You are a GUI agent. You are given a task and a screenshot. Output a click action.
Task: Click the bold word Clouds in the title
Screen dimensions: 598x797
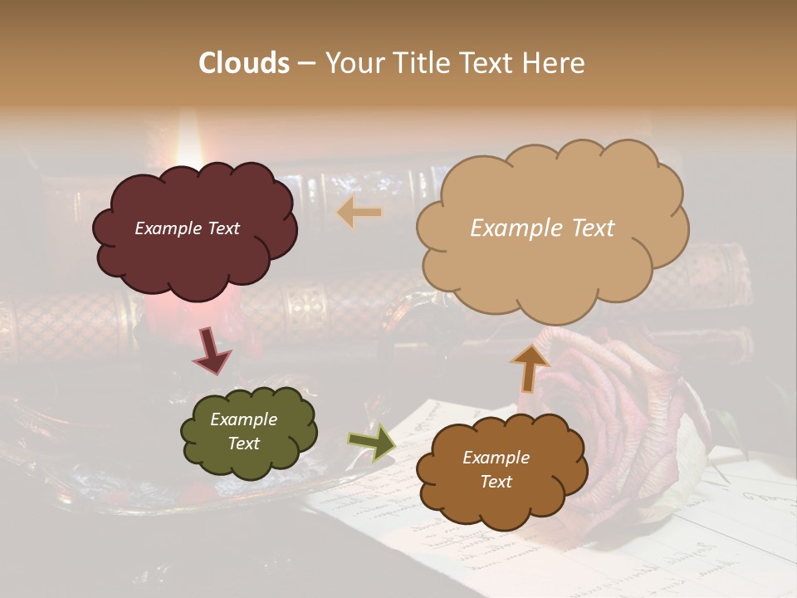244,63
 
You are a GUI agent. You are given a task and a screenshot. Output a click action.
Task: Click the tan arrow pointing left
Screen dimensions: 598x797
359,213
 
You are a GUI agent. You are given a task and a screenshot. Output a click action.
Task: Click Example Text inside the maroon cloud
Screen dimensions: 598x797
187,228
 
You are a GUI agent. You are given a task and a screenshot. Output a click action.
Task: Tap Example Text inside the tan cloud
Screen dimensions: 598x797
542,228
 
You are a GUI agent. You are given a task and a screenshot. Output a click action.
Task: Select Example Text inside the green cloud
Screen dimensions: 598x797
243,431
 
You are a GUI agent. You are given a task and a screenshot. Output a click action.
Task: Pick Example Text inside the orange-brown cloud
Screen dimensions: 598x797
496,469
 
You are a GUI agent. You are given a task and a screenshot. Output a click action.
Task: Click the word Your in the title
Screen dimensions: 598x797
353,63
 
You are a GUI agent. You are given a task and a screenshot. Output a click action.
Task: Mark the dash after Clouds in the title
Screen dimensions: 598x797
306,63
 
